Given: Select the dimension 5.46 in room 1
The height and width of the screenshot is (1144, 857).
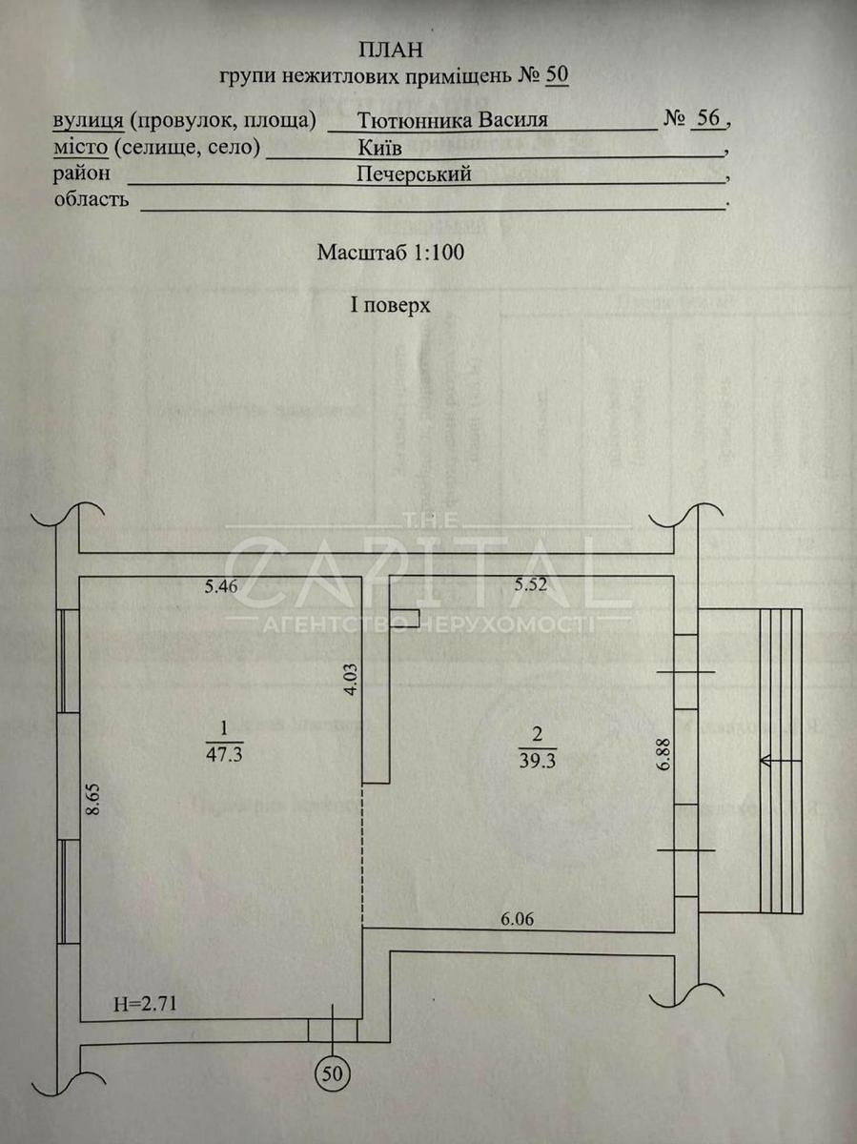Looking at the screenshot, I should coord(221,587).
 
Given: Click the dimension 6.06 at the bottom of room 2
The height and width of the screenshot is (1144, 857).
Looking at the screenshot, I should coord(518,919).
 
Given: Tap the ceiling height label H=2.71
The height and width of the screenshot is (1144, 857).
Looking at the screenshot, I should coord(146,1003).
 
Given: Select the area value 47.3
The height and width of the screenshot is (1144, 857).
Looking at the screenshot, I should coord(224,752).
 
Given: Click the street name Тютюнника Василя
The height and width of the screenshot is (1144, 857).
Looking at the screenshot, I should coord(453,121).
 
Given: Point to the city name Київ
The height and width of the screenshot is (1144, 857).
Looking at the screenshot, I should coord(379,149).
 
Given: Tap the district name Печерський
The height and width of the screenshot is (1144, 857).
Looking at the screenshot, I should coord(414,174).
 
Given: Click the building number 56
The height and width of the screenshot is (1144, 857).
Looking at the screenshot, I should coord(707,118).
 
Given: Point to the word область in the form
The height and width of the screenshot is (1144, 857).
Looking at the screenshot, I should coord(91,200).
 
